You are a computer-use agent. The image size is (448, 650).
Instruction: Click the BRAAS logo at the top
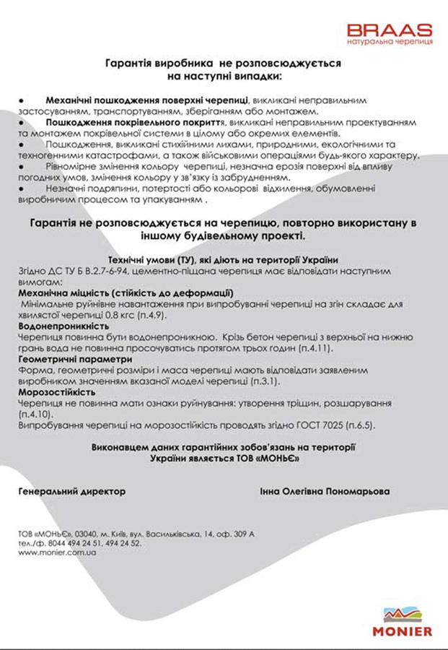point(390,30)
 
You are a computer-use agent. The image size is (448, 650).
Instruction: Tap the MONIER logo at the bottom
point(403,622)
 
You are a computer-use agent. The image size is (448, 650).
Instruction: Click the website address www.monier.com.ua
point(58,552)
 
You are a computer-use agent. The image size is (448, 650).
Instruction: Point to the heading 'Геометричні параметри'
point(75,358)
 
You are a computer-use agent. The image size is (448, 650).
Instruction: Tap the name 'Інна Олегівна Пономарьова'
point(325,491)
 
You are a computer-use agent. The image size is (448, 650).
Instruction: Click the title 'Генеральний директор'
point(71,491)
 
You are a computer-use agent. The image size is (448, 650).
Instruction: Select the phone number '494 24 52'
point(123,543)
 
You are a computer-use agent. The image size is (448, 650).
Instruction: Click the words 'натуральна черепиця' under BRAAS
point(390,43)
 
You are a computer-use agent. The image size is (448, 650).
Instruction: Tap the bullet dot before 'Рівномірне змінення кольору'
point(22,166)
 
